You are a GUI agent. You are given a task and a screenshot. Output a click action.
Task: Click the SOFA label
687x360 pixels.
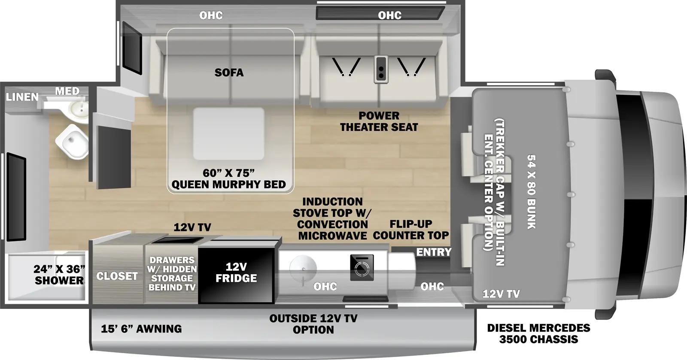(x=229, y=73)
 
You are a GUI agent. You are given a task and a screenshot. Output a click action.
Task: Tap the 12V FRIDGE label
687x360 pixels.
(x=236, y=272)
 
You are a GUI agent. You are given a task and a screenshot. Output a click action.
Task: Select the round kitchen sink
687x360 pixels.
(x=303, y=269)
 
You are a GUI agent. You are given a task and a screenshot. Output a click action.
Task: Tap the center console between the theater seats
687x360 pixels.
(x=380, y=69)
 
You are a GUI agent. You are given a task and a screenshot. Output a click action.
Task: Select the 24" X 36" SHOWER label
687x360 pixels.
(x=59, y=275)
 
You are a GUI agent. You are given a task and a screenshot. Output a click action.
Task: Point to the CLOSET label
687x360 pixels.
(x=117, y=276)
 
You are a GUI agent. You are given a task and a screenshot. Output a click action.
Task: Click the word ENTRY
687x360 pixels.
(x=434, y=252)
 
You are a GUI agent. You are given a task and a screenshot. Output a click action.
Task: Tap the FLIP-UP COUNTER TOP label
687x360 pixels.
(x=410, y=230)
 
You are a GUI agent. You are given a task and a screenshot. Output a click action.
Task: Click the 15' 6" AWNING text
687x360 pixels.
(x=141, y=329)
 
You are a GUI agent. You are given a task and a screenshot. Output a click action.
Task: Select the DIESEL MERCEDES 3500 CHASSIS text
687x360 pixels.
(x=538, y=333)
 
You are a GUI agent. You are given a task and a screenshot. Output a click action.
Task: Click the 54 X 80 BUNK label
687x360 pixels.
(x=531, y=192)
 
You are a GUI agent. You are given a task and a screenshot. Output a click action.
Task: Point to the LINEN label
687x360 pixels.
(x=22, y=97)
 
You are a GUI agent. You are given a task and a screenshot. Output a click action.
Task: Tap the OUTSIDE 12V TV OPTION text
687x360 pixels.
(x=313, y=324)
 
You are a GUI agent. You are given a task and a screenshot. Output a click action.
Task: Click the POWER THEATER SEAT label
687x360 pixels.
(x=379, y=121)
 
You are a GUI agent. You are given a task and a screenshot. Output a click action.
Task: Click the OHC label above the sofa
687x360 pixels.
(x=211, y=15)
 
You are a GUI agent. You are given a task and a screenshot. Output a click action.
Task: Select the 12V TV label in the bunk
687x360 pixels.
(x=501, y=294)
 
